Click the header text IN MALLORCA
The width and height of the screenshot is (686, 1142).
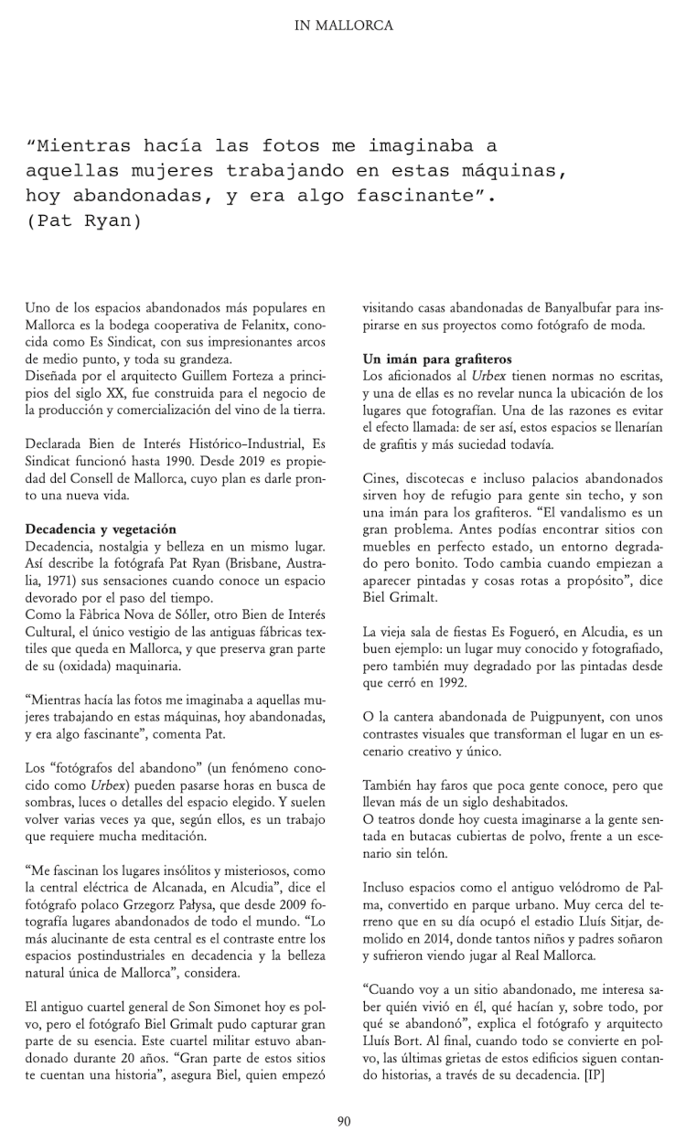[x=343, y=27]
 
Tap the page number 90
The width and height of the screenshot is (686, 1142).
[x=343, y=1121]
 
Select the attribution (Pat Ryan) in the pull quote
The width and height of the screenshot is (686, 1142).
[x=84, y=222]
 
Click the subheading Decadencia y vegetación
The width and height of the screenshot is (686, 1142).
[x=89, y=529]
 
